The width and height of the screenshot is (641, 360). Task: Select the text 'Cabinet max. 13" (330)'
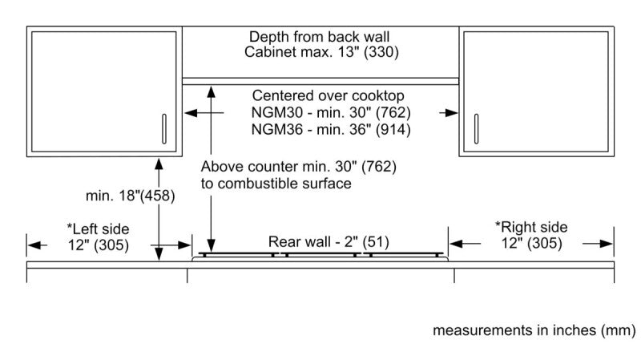pyautogui.click(x=320, y=53)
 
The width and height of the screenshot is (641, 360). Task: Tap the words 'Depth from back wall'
pyautogui.click(x=320, y=37)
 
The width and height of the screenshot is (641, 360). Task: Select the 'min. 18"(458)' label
pyautogui.click(x=130, y=195)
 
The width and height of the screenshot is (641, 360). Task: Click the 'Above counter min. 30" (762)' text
pyautogui.click(x=298, y=168)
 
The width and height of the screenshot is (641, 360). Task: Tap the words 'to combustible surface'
pyautogui.click(x=276, y=184)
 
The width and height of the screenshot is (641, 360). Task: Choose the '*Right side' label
pyautogui.click(x=530, y=228)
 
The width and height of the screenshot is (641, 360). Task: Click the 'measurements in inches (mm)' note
pyautogui.click(x=534, y=330)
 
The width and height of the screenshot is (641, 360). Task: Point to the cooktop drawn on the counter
pyautogui.click(x=320, y=257)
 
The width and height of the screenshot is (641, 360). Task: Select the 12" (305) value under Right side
pyautogui.click(x=530, y=244)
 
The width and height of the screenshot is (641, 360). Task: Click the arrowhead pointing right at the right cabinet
pyautogui.click(x=454, y=114)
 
